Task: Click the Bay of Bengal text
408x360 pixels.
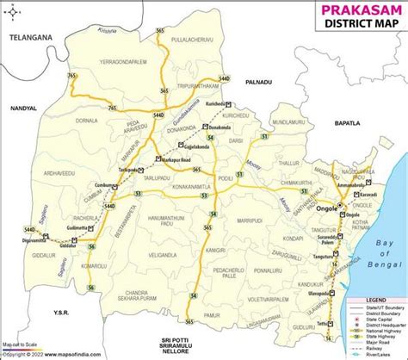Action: point(380,252)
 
